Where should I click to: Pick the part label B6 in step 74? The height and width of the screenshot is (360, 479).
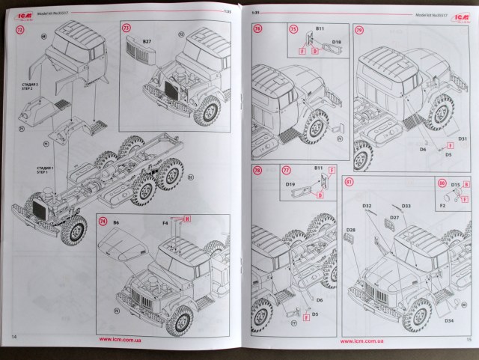[x=117, y=223]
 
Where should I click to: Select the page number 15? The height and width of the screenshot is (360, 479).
[x=466, y=338]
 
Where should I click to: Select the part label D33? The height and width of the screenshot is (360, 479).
[x=406, y=206]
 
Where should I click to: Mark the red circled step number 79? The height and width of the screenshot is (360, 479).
[x=360, y=31]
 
